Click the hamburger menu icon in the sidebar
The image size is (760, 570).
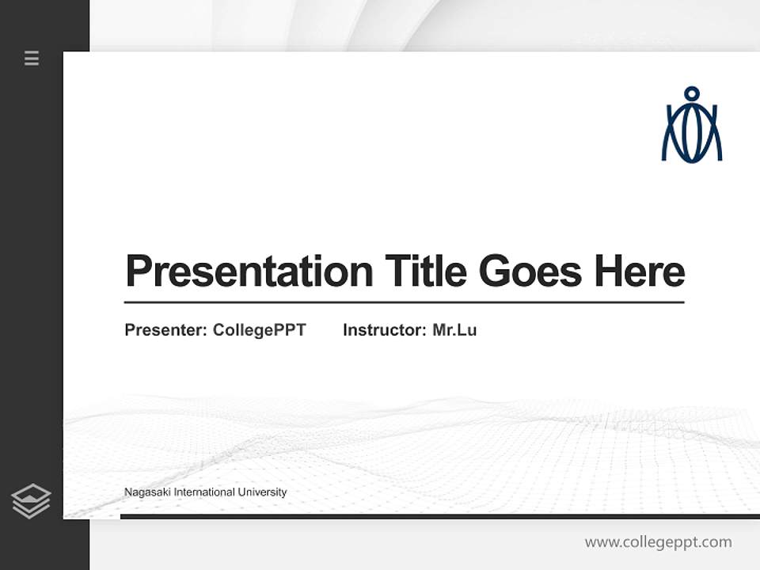[x=32, y=58]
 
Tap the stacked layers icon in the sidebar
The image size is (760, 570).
[x=31, y=501]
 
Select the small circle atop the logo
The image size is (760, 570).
[x=692, y=93]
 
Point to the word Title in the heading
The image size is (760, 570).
[x=426, y=272]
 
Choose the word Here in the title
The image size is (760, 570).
[x=639, y=272]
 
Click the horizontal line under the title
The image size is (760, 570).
[x=404, y=302]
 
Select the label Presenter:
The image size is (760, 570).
[x=165, y=330]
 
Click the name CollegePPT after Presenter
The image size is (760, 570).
[x=259, y=330]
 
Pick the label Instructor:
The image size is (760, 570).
[x=384, y=330]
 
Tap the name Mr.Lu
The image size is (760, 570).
[x=454, y=330]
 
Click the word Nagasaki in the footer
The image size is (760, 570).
[x=146, y=492]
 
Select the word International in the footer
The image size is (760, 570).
[x=204, y=492]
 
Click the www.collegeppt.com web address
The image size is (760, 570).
[x=658, y=542]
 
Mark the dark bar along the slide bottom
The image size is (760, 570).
[x=439, y=517]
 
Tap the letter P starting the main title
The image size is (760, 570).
[x=138, y=272]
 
